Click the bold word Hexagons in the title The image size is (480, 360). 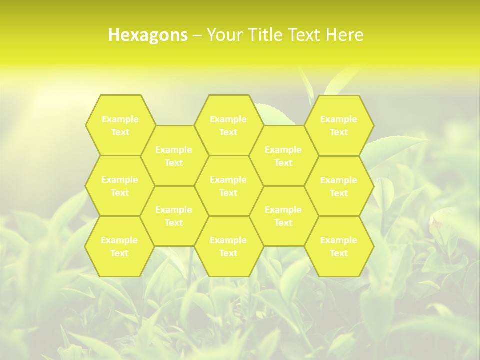pos(148,35)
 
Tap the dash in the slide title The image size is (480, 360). pos(197,35)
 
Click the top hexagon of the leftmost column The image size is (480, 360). pos(120,125)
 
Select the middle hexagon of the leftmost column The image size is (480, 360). pos(120,186)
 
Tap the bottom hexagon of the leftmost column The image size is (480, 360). pos(119,246)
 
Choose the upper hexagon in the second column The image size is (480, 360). pos(174,156)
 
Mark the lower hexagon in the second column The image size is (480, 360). pos(174,216)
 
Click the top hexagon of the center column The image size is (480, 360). pos(228,125)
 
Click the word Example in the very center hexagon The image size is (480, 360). pos(228,180)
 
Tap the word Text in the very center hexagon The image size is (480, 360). pos(228,193)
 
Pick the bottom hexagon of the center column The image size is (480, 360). pos(228,246)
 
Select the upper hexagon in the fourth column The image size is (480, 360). pos(283,156)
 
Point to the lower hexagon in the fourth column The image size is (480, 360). pos(283,216)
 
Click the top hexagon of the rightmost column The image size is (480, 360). pos(339,125)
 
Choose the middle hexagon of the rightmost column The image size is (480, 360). pos(339,186)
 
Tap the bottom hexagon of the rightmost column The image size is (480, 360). pos(339,246)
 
